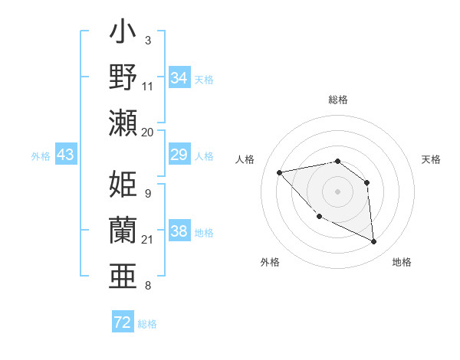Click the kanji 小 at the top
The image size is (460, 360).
123,34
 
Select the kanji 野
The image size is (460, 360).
123,78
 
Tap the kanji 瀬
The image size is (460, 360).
123,123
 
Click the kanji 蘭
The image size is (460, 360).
123,230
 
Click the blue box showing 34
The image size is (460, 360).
179,77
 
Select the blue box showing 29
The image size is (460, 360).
179,155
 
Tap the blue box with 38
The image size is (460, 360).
179,231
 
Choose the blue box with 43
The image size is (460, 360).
65,155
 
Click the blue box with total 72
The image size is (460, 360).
123,322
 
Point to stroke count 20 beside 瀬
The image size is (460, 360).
148,132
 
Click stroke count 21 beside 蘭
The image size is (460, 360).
148,240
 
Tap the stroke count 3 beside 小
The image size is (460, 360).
147,40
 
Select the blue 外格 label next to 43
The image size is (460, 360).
41,155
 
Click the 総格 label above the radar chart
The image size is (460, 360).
337,100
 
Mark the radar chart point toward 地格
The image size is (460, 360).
374,242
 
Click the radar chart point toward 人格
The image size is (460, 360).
280,172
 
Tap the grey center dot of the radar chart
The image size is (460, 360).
337,191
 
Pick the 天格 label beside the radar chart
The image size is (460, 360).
431,159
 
